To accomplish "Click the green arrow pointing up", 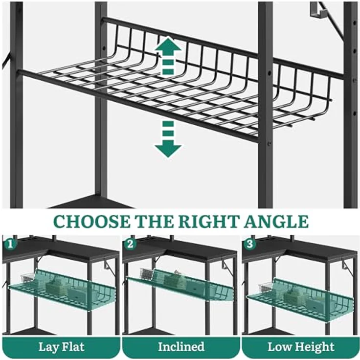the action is point(168,56).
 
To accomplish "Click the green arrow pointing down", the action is point(168,139).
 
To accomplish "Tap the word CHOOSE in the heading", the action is point(92,222).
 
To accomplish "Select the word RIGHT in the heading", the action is point(208,222).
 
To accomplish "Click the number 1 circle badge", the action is point(10,244).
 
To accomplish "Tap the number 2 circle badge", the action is point(130,244).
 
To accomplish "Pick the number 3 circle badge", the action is point(250,244).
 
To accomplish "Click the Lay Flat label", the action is point(61,347).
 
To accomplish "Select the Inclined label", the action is point(181,347).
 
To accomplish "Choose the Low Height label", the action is point(301,347).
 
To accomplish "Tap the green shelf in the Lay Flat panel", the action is point(62,289).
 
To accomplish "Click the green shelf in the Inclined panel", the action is point(180,285).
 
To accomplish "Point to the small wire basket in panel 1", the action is point(28,278).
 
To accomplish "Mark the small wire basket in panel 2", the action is point(147,273).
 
